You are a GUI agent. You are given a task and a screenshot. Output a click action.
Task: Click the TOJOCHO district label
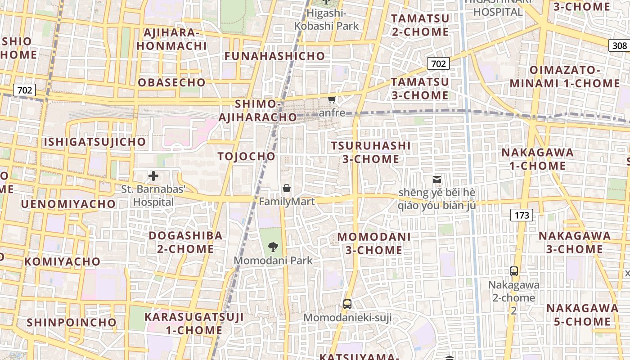pyautogui.click(x=246, y=156)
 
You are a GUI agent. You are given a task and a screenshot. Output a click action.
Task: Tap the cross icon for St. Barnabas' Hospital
pyautogui.click(x=153, y=175)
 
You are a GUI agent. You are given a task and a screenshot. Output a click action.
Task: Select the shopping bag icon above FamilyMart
pyautogui.click(x=287, y=188)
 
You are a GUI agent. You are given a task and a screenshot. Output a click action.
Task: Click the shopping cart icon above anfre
pyautogui.click(x=332, y=99)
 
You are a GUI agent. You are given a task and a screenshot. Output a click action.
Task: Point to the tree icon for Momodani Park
pyautogui.click(x=273, y=247)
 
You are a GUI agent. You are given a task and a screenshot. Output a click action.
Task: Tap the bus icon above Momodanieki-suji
pyautogui.click(x=347, y=304)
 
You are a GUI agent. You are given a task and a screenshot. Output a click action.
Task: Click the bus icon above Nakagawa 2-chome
pyautogui.click(x=514, y=271)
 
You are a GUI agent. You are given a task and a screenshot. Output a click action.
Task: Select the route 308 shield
pyautogui.click(x=619, y=45)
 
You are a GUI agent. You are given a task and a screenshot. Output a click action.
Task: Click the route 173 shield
pyautogui.click(x=522, y=215)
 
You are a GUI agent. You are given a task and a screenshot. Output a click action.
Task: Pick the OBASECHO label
pyautogui.click(x=171, y=82)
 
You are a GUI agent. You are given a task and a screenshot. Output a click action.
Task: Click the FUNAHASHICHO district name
pyautogui.click(x=274, y=56)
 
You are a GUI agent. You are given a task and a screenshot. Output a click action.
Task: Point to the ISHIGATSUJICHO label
pyautogui.click(x=95, y=142)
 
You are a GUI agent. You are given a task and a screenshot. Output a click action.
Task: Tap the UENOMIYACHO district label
pyautogui.click(x=68, y=204)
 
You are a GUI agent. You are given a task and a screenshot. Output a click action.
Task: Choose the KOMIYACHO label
pyautogui.click(x=63, y=261)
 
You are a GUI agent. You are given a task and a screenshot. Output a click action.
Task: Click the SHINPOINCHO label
pyautogui.click(x=72, y=322)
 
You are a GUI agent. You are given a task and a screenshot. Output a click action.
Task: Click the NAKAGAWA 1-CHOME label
pyautogui.click(x=538, y=159)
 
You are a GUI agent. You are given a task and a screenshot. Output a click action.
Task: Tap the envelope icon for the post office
pyautogui.click(x=436, y=180)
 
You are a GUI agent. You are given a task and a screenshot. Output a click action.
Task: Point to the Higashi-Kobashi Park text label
pyautogui.click(x=327, y=19)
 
